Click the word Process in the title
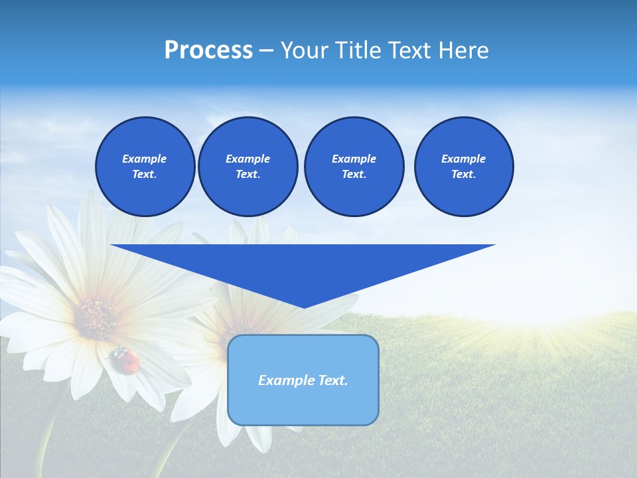coord(208,50)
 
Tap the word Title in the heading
coord(357,50)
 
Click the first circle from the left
coord(145,167)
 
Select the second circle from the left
coord(248,167)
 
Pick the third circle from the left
coord(354,167)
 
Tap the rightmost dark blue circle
coord(463,167)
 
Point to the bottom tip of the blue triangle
coord(304,307)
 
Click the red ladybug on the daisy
coord(127,359)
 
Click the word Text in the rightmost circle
coord(463,175)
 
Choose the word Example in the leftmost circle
coord(145,159)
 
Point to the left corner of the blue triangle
coord(112,245)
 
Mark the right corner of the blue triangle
coord(494,245)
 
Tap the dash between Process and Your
coord(267,50)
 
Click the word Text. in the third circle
coord(354,175)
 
